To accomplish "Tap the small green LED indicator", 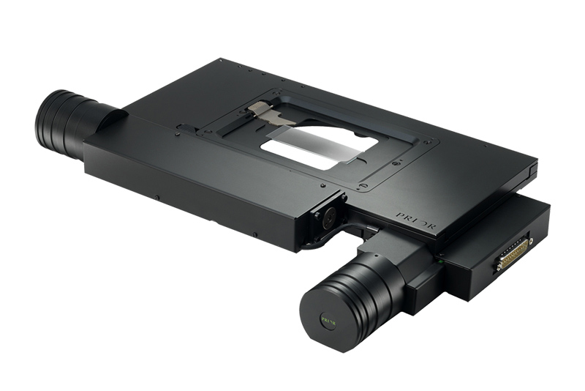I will (442, 259).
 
